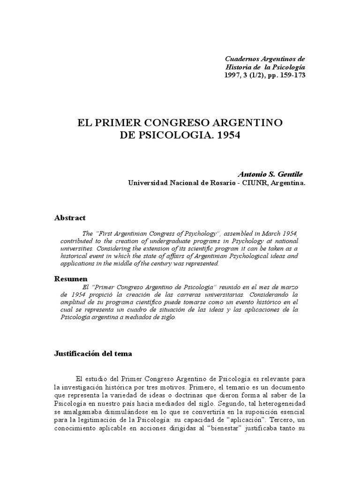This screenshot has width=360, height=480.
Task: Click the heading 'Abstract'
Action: (x=70, y=218)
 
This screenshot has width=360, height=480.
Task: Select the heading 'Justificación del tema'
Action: (x=93, y=354)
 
